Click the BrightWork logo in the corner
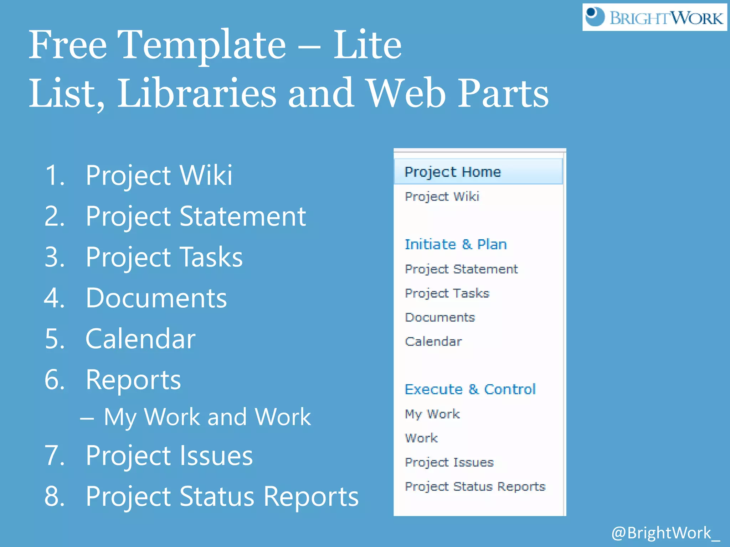654,17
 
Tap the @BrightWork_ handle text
665,533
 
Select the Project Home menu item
453,172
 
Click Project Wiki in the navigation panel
442,197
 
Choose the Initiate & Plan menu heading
456,244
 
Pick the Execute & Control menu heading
470,389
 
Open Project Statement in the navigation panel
461,269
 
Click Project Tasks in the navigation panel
447,293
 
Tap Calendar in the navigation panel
433,342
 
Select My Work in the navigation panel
432,414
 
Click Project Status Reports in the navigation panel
475,486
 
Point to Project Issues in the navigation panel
449,462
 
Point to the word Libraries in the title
196,93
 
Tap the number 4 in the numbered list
54,298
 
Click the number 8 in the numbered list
54,496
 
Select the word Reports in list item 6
133,380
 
